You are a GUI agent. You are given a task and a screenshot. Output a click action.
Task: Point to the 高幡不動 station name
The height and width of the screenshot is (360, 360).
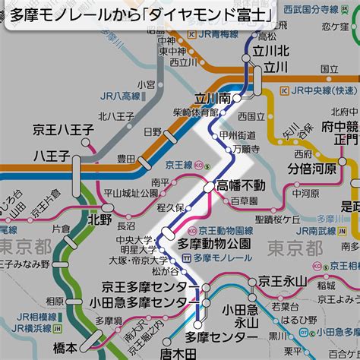241,185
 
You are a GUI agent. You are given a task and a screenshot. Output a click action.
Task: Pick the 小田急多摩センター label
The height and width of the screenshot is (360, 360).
137,303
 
